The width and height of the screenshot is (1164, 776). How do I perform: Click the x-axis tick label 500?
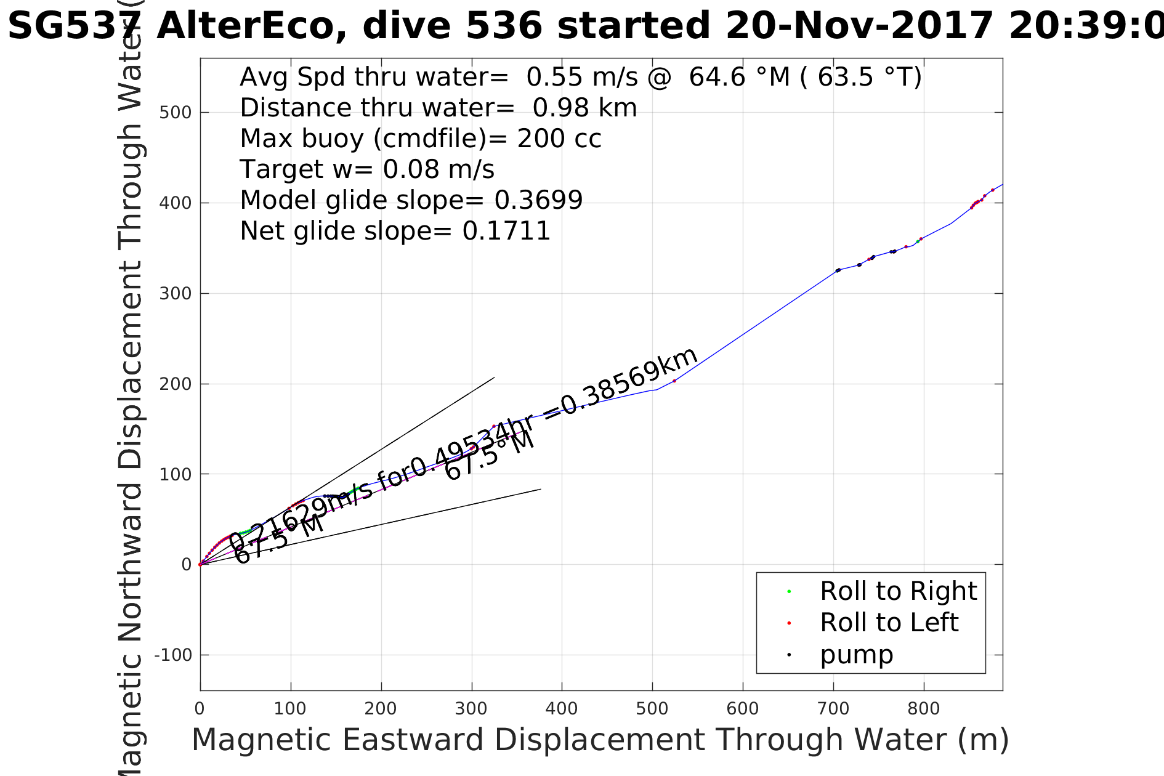point(652,709)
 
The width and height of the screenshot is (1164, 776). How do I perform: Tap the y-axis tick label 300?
point(176,294)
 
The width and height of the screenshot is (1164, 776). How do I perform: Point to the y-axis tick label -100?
point(172,655)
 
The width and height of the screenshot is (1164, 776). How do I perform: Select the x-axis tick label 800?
point(923,709)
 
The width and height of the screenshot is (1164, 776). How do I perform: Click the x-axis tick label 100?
point(290,709)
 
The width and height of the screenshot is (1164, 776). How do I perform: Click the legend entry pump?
point(856,655)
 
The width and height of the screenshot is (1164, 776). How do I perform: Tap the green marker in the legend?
point(789,592)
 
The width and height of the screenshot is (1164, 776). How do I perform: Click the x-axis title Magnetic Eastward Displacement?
point(600,740)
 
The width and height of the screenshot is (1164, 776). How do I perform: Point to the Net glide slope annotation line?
point(395,231)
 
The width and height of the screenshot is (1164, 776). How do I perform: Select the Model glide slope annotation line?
point(411,200)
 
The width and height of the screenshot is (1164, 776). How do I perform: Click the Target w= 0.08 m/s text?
point(367,169)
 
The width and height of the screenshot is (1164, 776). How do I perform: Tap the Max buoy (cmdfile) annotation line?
point(421,139)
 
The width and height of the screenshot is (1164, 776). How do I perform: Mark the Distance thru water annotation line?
point(438,108)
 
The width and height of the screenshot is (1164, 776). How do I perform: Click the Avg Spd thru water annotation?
point(580,78)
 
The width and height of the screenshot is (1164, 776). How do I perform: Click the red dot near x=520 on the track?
point(674,381)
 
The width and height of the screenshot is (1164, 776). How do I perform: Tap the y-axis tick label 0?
point(186,565)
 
